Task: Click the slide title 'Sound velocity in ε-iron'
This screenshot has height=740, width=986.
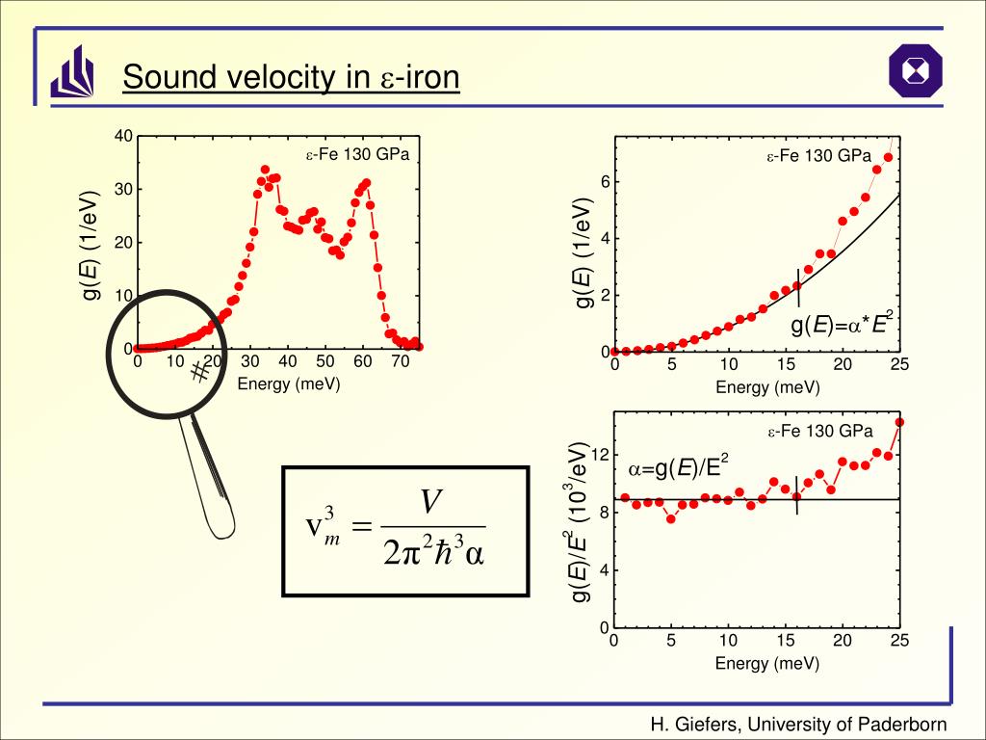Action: click(291, 77)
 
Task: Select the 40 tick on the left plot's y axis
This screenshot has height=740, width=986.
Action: click(123, 136)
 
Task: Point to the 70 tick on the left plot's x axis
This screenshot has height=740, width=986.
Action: click(400, 362)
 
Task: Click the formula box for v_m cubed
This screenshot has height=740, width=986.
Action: click(405, 531)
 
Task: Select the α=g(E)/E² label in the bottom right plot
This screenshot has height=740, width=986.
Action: click(679, 468)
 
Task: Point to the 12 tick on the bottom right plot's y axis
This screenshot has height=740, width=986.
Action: click(598, 455)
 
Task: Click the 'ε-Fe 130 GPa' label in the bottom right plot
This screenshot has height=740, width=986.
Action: click(819, 431)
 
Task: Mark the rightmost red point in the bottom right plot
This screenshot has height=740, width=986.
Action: click(899, 422)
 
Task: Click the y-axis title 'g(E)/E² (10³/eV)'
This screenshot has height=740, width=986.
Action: click(580, 521)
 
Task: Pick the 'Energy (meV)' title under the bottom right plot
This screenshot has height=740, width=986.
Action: click(767, 664)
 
